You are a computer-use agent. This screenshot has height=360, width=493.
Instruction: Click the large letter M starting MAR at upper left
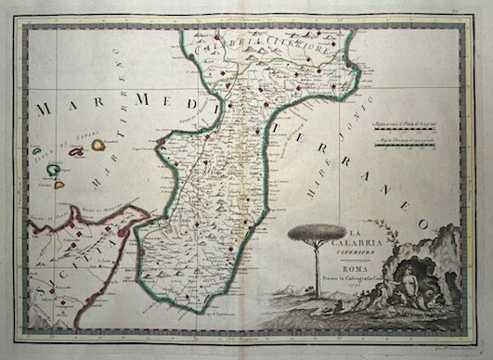coord(45,109)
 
